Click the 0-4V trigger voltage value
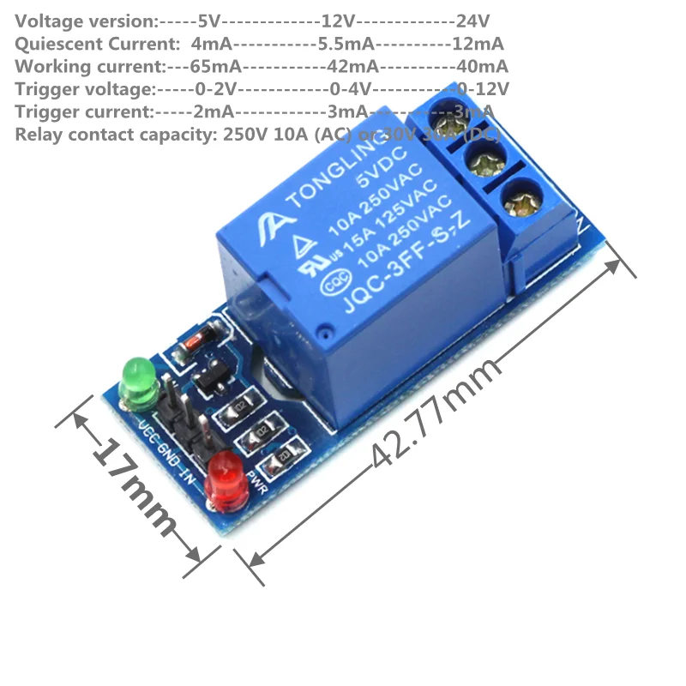(x=349, y=89)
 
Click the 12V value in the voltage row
(x=338, y=20)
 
